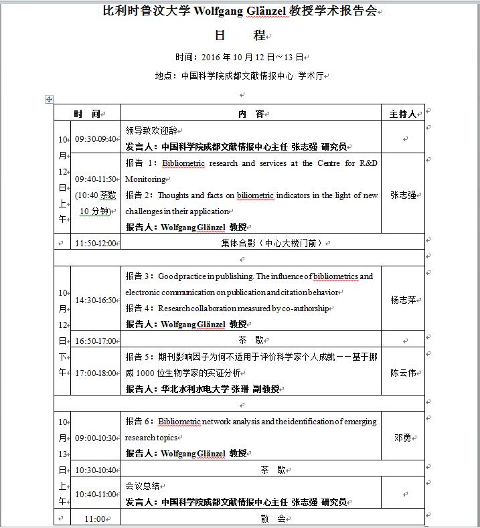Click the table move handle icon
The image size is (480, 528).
point(49,99)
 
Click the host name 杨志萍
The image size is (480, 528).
point(403,300)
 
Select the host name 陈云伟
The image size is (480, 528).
point(403,373)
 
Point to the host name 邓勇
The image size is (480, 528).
point(403,438)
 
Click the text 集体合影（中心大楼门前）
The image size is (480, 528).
point(275,244)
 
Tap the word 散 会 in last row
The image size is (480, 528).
point(272,519)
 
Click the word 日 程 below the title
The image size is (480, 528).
point(240,35)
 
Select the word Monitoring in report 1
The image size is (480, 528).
point(145,179)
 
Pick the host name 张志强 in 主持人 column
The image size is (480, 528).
point(403,195)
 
